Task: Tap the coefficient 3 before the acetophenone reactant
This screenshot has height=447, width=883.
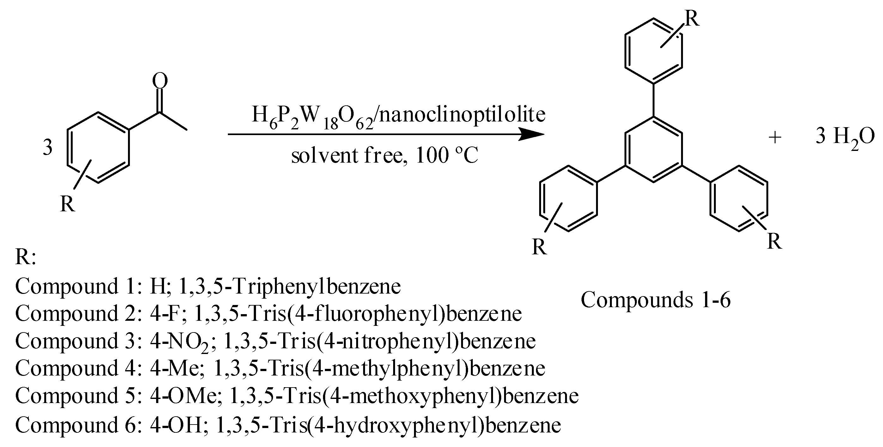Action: pyautogui.click(x=48, y=148)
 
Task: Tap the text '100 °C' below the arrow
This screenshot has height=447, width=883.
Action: pyautogui.click(x=446, y=155)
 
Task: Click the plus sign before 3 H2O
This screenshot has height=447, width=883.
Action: pyautogui.click(x=775, y=138)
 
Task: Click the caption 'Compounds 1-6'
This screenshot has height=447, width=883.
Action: pyautogui.click(x=655, y=300)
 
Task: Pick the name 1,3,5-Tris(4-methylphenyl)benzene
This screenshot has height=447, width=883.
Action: pyautogui.click(x=379, y=368)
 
